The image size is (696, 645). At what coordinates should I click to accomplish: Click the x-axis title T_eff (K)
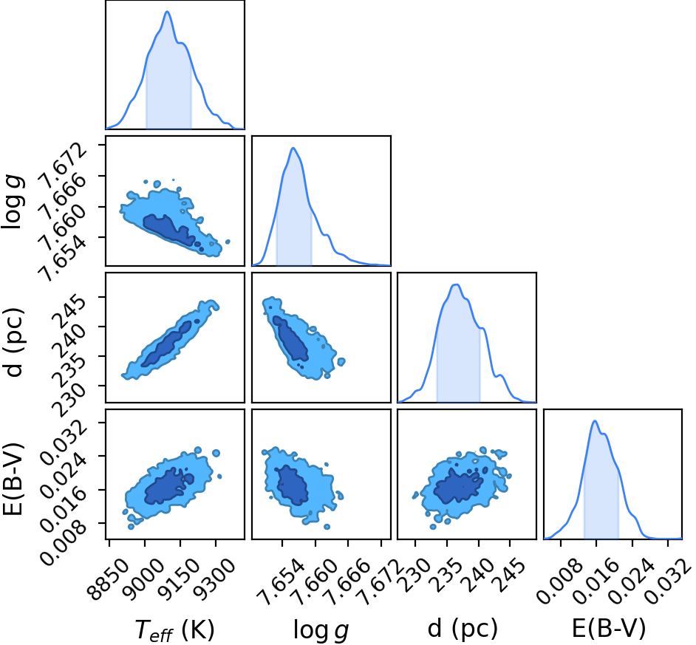174,629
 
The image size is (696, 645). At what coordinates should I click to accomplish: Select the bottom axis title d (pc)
463,629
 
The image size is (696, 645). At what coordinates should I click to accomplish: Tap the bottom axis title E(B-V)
609,629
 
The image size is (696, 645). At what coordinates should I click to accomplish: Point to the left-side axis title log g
13,202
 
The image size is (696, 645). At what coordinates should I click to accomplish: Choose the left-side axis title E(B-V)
12,479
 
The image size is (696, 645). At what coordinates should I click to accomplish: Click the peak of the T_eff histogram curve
167,12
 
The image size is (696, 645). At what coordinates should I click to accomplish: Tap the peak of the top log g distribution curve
293,148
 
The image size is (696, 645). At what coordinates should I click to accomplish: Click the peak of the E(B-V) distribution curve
595,421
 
